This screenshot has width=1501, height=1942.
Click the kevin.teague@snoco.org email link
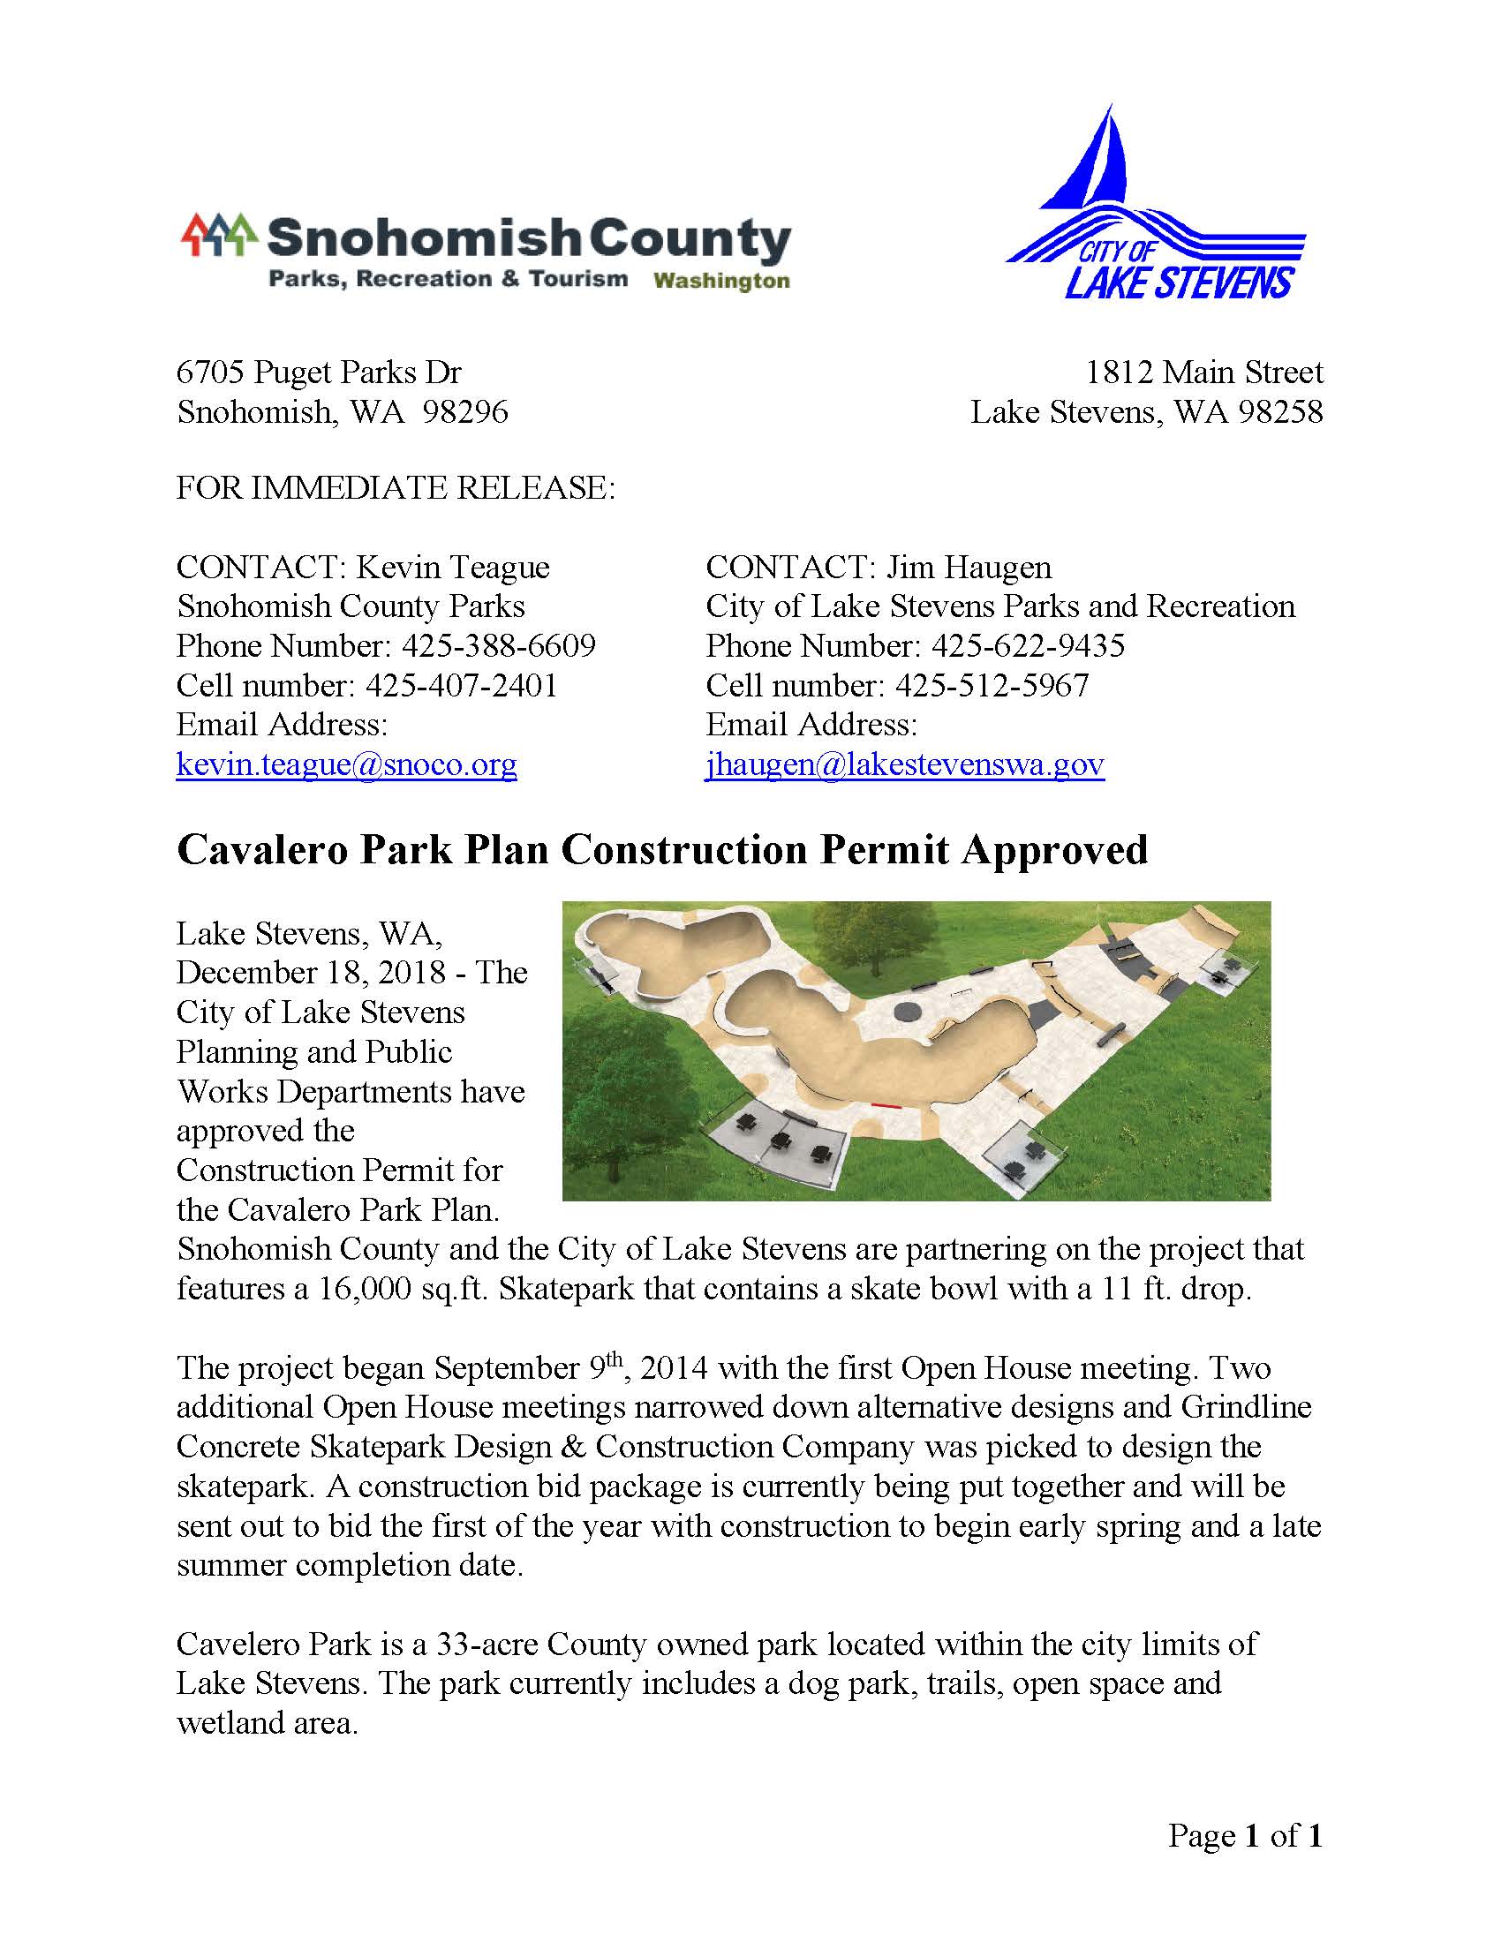(346, 764)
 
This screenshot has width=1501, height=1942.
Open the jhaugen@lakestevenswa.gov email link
(904, 764)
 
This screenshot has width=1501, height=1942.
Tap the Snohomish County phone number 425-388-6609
(498, 645)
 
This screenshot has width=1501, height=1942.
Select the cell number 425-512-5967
(992, 686)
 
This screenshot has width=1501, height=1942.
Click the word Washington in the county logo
(721, 282)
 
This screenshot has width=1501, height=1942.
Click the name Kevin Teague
(453, 568)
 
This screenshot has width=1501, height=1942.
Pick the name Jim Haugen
(969, 568)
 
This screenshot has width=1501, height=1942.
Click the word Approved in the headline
(1055, 850)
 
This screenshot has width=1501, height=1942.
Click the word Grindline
(1246, 1407)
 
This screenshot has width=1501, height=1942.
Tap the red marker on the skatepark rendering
(884, 1105)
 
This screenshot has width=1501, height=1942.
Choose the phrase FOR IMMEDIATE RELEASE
(396, 488)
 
